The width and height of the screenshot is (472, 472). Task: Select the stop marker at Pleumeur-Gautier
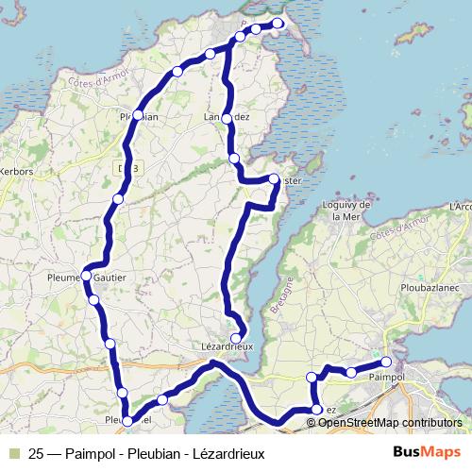(86, 277)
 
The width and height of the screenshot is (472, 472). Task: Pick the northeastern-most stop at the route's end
(278, 24)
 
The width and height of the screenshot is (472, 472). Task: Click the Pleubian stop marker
(138, 115)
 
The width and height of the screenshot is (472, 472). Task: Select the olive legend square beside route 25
(14, 451)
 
